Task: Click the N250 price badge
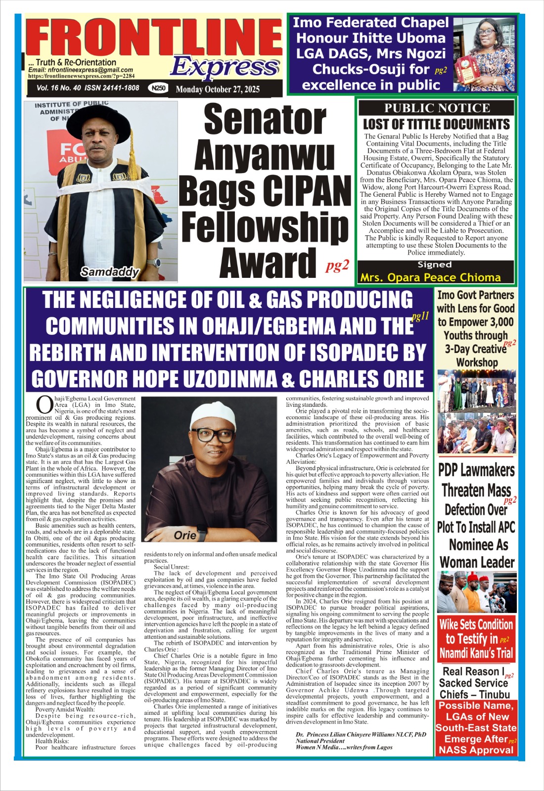[159, 88]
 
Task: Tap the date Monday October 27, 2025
[217, 89]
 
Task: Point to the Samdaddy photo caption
[109, 271]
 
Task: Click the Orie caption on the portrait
[185, 535]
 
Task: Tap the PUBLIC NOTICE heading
[437, 108]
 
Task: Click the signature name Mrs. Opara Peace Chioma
[430, 277]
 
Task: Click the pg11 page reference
[420, 317]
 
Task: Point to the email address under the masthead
[81, 70]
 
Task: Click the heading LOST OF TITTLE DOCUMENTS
[436, 124]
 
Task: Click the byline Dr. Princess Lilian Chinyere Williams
[361, 735]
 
